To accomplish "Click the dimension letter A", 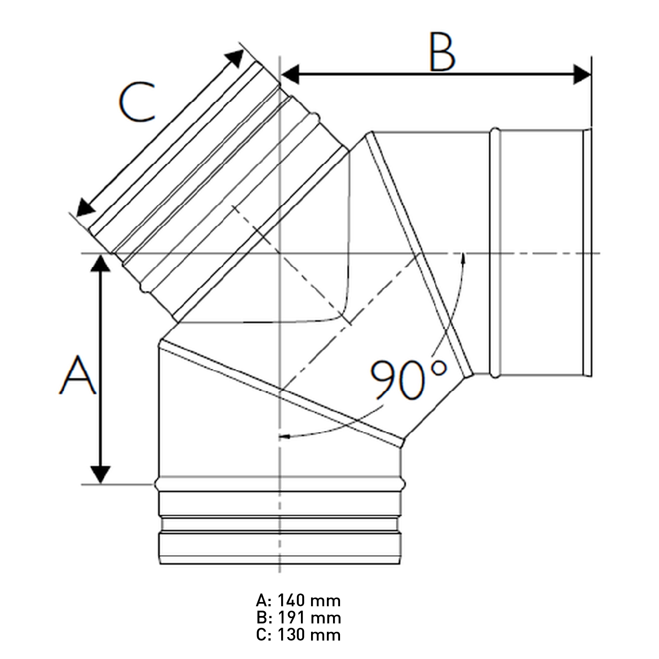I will pyautogui.click(x=78, y=376).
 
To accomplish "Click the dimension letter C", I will pyautogui.click(x=137, y=102).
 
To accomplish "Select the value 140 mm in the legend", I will pyautogui.click(x=309, y=600).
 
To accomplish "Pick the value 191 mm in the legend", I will pyautogui.click(x=309, y=618).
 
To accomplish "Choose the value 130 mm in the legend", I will pyautogui.click(x=309, y=635).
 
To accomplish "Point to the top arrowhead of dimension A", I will pyautogui.click(x=101, y=263).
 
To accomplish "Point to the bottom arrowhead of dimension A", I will pyautogui.click(x=101, y=474).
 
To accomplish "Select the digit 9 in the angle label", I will pyautogui.click(x=383, y=380).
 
